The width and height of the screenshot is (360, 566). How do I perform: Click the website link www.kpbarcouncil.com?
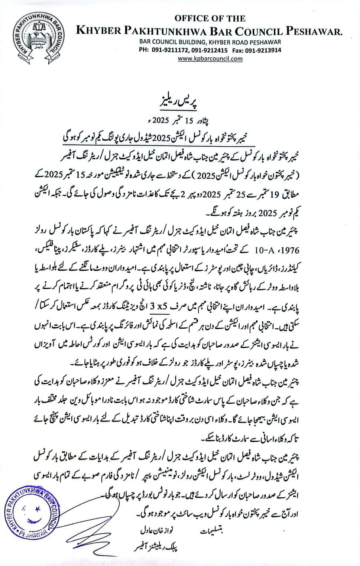click(x=210, y=58)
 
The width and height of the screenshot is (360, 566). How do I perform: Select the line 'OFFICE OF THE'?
click(x=210, y=18)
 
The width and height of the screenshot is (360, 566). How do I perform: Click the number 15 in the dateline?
click(x=189, y=120)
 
